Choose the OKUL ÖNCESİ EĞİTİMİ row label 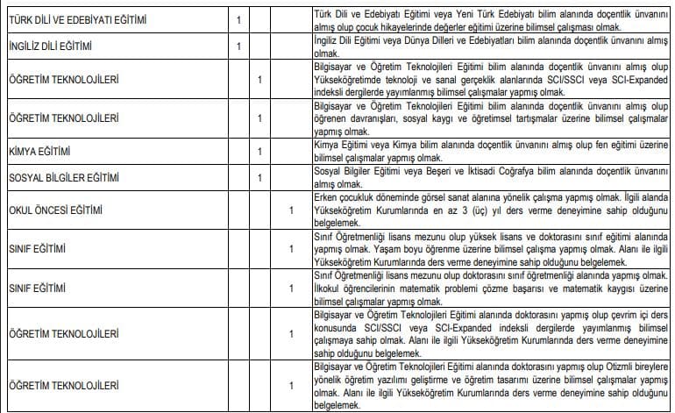click(x=55, y=210)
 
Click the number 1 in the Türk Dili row click(x=238, y=19)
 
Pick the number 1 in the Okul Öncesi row click(x=291, y=210)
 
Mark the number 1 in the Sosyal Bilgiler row click(x=259, y=178)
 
